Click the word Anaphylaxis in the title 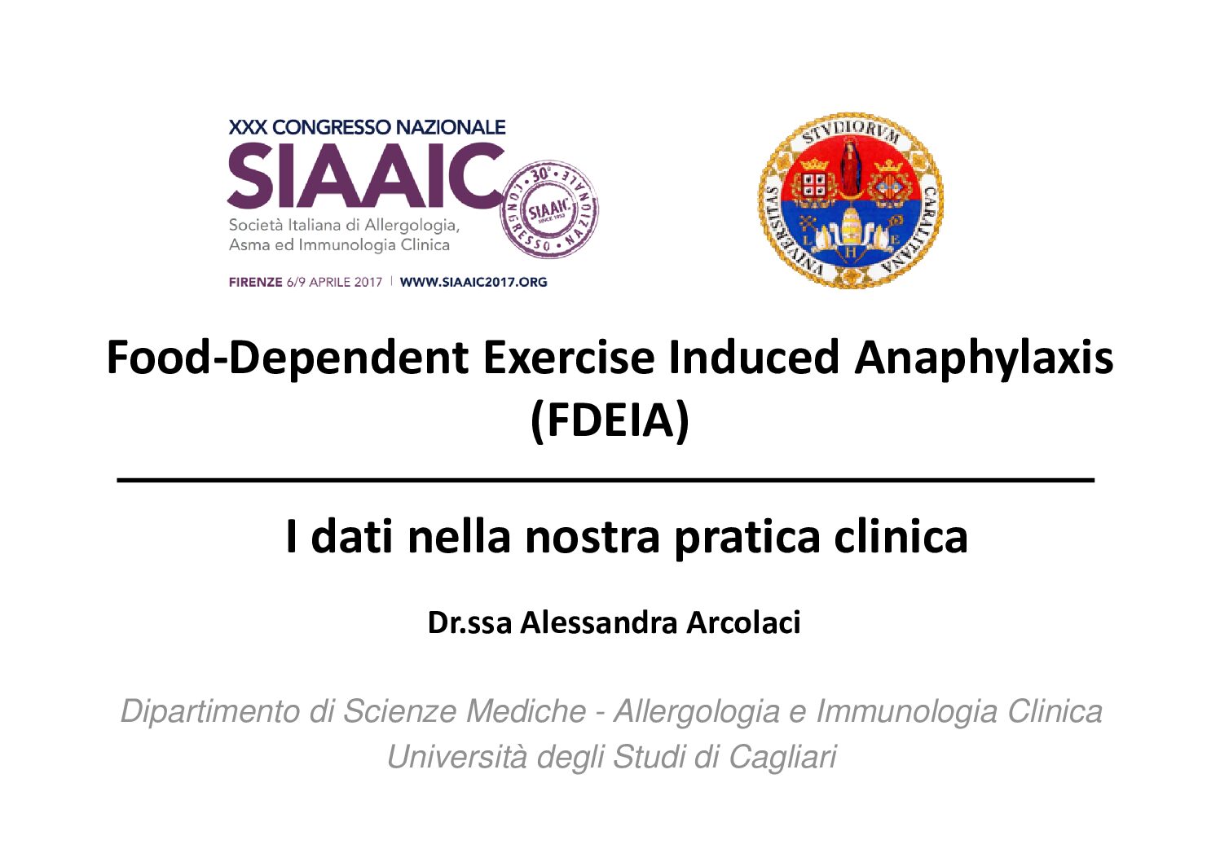click(984, 359)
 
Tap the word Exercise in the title click(569, 358)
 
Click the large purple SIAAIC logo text click(366, 176)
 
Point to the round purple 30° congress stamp click(549, 209)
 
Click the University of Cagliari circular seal click(851, 200)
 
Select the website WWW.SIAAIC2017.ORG click(473, 282)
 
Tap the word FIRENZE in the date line click(255, 282)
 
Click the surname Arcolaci click(743, 622)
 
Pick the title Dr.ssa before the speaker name click(469, 622)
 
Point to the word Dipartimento click(209, 712)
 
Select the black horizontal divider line click(606, 480)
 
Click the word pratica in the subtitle click(747, 538)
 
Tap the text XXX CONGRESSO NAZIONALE click(367, 127)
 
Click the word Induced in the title click(754, 358)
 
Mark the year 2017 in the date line click(368, 282)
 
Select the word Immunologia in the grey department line click(906, 712)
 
